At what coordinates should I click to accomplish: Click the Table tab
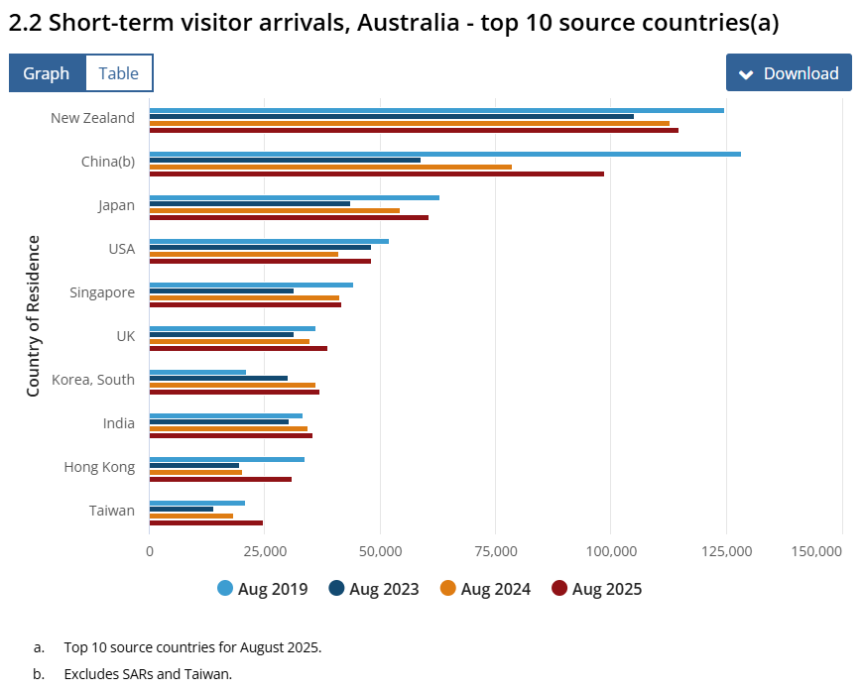tap(119, 73)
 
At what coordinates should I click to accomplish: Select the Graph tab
tap(47, 73)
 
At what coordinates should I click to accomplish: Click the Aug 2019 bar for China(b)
tap(444, 154)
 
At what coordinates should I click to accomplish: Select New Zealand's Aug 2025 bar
tap(414, 130)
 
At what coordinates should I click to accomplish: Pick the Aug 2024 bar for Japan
tap(275, 210)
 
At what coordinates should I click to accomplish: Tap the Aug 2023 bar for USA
tap(260, 247)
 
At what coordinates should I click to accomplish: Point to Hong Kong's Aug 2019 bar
tap(227, 459)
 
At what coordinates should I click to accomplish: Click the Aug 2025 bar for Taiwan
tap(206, 522)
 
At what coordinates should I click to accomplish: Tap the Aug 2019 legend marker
tap(225, 589)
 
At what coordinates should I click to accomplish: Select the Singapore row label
tap(102, 292)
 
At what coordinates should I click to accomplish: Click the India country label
tap(119, 423)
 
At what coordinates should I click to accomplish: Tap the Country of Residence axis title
tap(34, 316)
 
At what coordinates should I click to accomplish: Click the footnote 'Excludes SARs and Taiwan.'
tap(148, 674)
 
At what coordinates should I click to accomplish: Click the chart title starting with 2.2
tap(394, 23)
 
